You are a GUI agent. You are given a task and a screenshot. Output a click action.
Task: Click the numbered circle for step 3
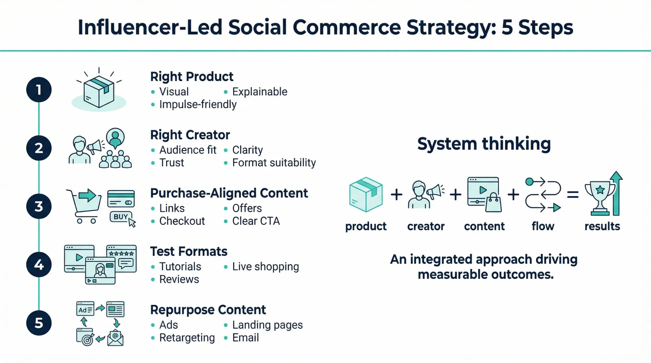39,206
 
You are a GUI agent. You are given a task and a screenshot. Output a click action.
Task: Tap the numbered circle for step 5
39,323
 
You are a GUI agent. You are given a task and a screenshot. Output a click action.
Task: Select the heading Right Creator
190,135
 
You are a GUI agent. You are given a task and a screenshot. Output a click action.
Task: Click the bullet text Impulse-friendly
198,104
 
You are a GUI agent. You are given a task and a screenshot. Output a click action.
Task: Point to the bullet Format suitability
274,163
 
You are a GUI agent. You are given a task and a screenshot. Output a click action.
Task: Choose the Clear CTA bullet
256,221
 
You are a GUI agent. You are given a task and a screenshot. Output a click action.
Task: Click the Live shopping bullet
265,266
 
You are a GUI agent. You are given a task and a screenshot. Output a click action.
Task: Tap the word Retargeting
187,338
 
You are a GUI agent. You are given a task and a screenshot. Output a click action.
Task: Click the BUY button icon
121,217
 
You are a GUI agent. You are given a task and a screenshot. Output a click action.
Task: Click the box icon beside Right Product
99,91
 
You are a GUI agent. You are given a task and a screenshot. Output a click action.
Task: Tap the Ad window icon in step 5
85,309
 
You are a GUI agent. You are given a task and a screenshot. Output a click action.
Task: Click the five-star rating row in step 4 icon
121,253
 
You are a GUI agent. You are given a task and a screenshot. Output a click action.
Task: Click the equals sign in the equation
573,195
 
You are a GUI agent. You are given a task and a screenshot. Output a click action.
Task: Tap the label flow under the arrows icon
543,226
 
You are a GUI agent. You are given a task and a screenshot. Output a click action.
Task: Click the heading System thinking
484,144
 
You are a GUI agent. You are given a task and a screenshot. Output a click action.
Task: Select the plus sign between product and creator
396,195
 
